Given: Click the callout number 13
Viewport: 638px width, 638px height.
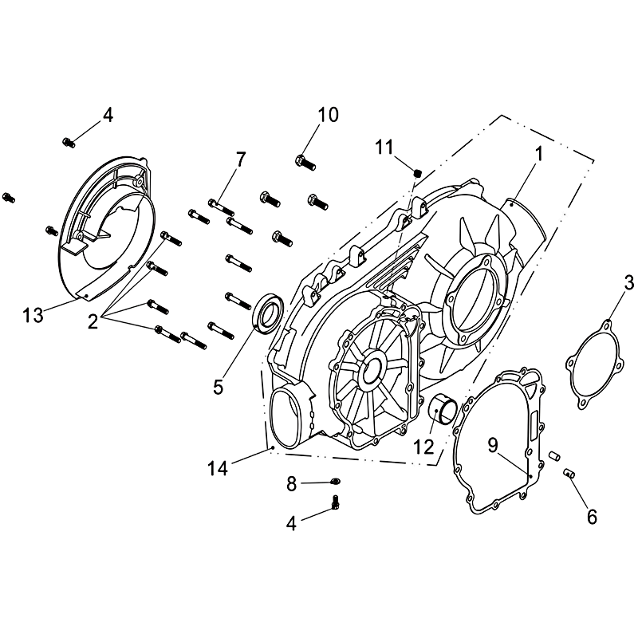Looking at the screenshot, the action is click(x=33, y=315).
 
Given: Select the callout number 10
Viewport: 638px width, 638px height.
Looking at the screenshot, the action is click(x=328, y=115).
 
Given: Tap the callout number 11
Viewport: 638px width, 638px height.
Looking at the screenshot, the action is click(x=384, y=148).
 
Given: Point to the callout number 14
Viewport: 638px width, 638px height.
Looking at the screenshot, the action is click(x=218, y=469).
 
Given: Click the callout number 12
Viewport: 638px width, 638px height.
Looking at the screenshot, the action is click(x=424, y=447).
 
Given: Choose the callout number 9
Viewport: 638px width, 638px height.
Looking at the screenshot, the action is click(x=493, y=446).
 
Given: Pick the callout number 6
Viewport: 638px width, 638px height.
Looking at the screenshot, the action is click(x=592, y=517).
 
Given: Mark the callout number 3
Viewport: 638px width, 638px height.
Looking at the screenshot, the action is click(x=629, y=283).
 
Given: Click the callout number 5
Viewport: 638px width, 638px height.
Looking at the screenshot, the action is click(x=219, y=387).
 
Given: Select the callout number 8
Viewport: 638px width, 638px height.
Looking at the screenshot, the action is click(x=291, y=484).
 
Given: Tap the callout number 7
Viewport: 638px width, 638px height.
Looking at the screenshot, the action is click(x=241, y=159).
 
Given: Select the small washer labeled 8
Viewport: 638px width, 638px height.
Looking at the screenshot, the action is click(x=336, y=482).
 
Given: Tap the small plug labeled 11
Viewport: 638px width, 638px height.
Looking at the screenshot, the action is click(x=417, y=173).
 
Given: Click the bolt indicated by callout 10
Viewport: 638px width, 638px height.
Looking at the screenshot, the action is click(x=305, y=162).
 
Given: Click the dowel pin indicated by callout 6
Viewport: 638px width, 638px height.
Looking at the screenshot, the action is click(x=568, y=473).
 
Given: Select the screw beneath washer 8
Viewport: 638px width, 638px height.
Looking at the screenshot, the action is click(x=336, y=502).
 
